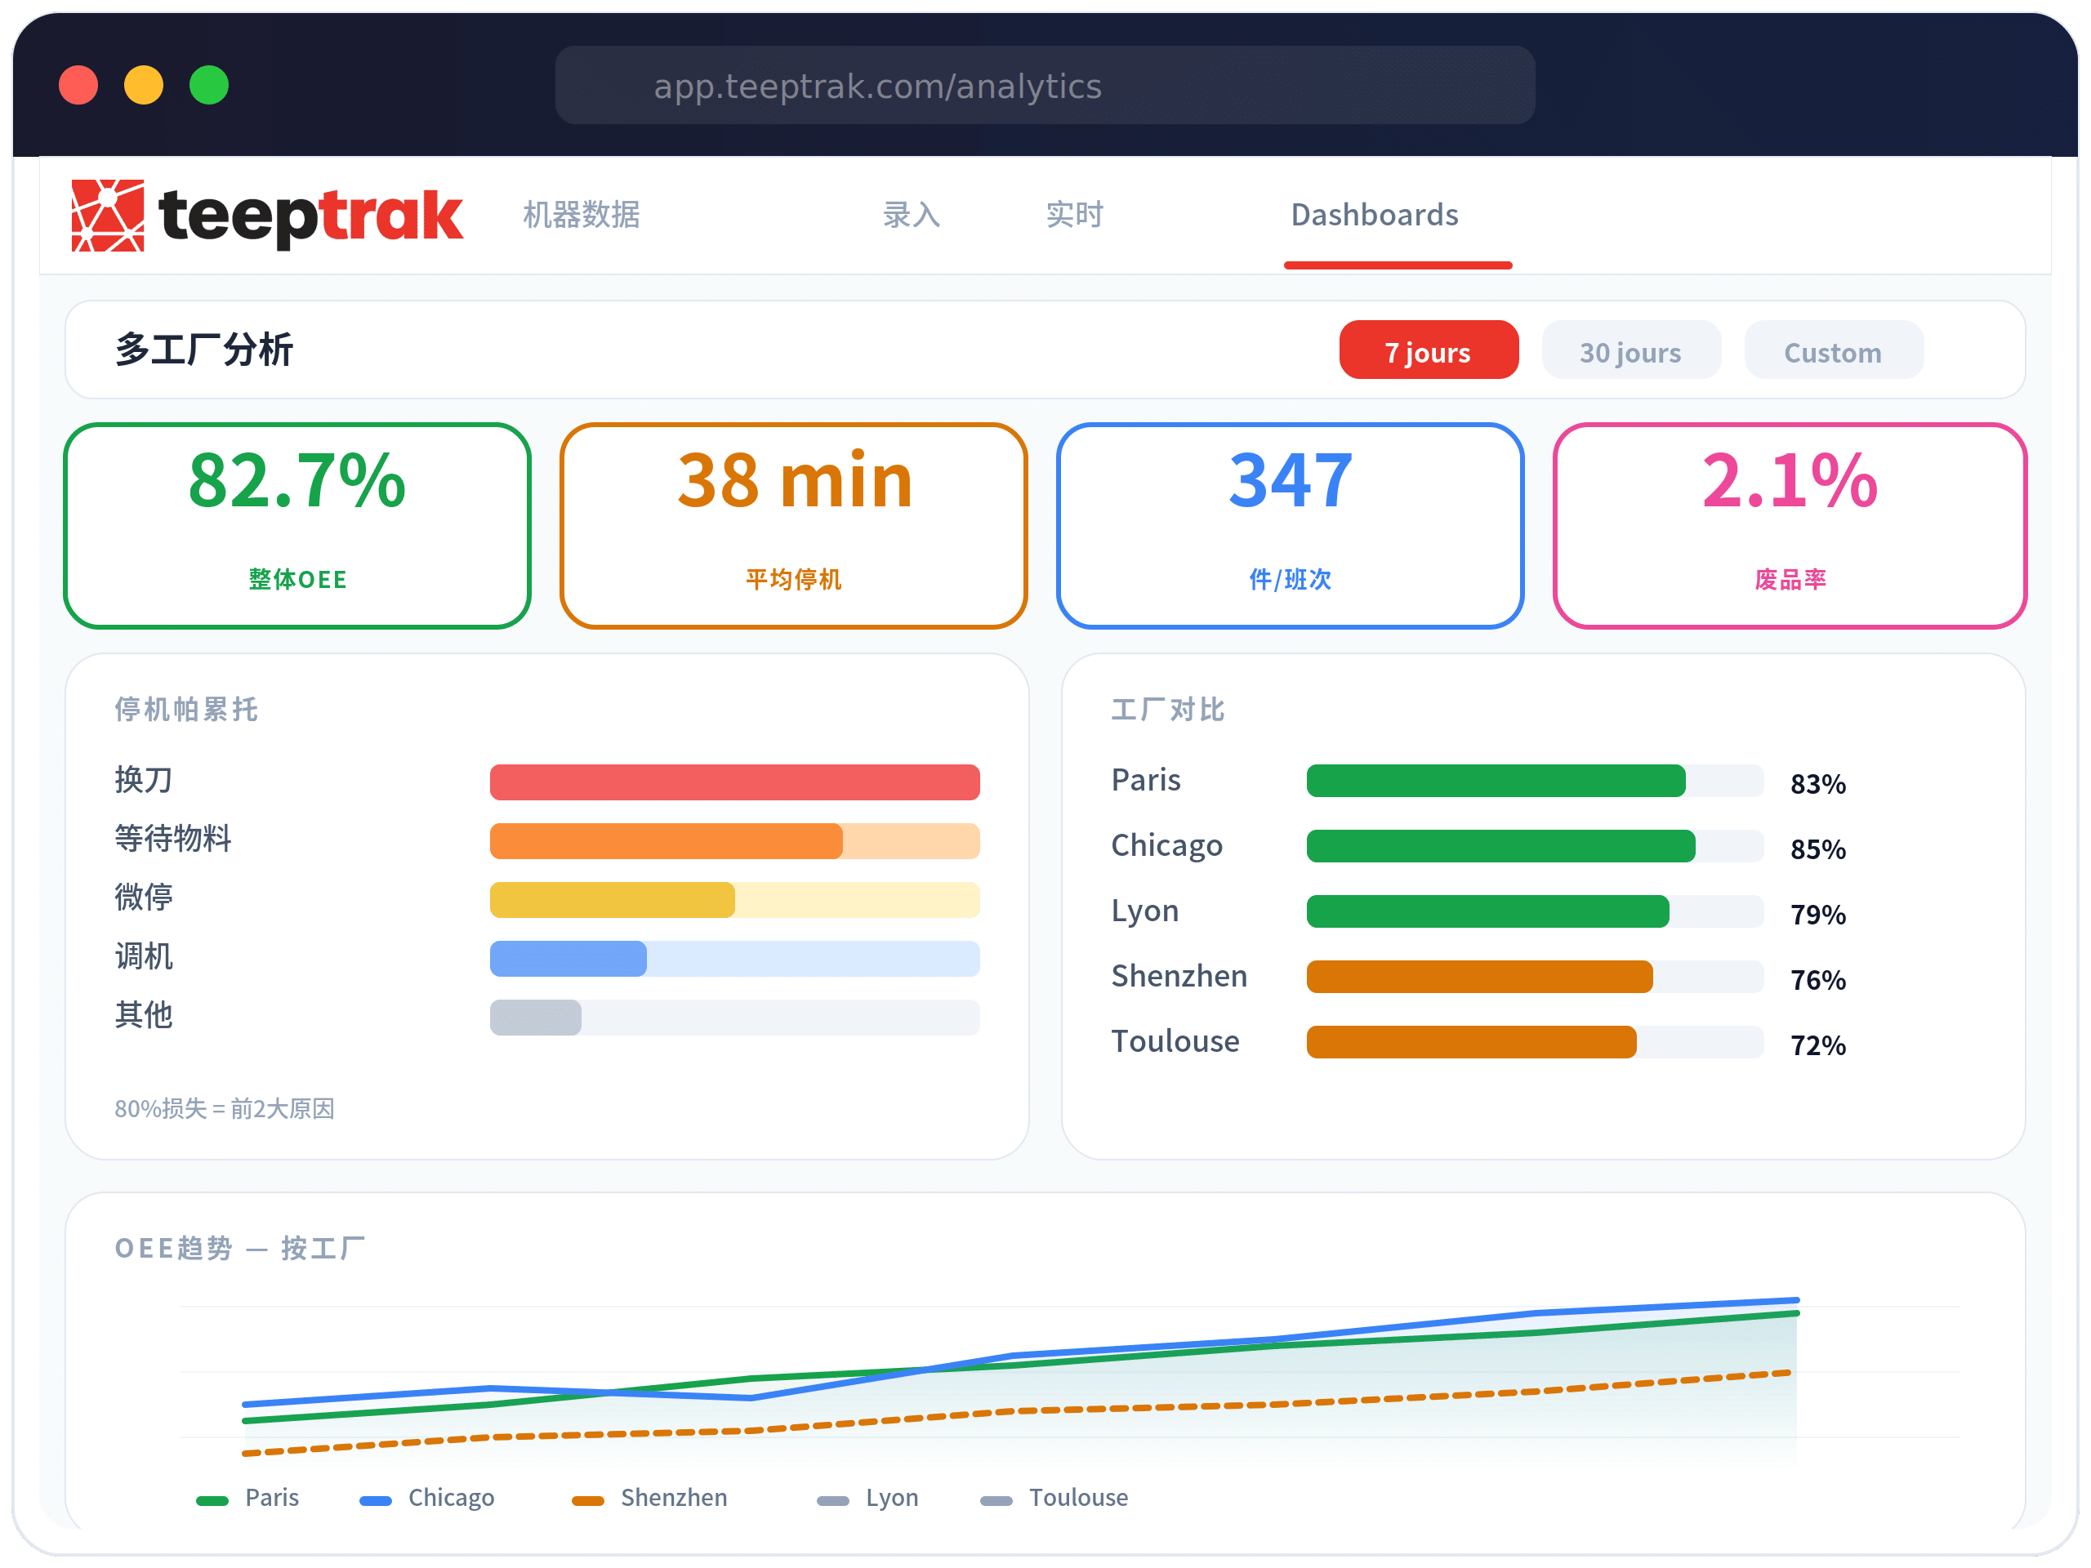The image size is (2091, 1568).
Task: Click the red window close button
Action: pos(78,85)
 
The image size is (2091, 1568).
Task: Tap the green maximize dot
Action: pos(209,85)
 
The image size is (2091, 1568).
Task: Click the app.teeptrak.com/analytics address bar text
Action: pos(877,87)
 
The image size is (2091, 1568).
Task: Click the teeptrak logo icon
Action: pos(108,216)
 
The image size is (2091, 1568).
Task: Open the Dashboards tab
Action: pos(1375,216)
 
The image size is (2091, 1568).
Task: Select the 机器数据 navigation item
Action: pos(582,216)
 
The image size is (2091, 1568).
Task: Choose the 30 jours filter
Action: pos(1630,352)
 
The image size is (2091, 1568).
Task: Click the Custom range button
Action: pos(1832,352)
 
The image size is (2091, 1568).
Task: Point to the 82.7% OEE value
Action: pos(296,481)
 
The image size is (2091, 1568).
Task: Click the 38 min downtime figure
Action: pos(794,481)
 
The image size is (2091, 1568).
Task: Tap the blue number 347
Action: pos(1291,481)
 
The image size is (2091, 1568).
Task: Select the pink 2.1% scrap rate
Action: pos(1790,481)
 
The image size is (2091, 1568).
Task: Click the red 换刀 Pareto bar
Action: pos(734,782)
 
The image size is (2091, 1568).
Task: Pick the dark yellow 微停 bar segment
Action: pos(612,900)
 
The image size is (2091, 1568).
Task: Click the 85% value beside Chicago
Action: pos(1817,849)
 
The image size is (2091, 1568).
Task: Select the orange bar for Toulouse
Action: pos(1471,1041)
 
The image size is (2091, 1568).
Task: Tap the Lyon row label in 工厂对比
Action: pos(1145,911)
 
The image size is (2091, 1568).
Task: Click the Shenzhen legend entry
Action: pos(672,1498)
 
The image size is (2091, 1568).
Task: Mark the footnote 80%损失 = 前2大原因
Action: pos(224,1109)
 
